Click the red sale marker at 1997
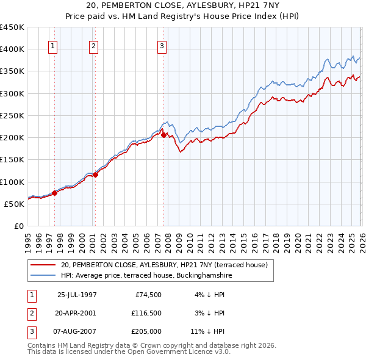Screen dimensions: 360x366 coord(55,193)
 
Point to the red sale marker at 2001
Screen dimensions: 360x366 coord(95,175)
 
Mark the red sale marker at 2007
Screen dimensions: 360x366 coord(163,135)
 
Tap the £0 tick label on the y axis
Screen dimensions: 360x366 coord(18,226)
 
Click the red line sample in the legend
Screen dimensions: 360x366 coord(43,265)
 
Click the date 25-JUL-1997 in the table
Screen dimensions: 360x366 coord(77,295)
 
